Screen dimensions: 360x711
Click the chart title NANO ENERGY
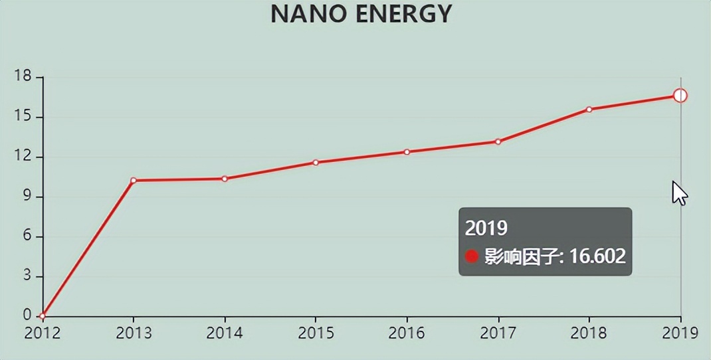point(361,14)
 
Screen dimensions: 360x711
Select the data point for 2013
point(134,180)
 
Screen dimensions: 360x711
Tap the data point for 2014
point(225,179)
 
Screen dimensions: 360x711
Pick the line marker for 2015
point(316,162)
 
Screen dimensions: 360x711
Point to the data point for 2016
point(407,152)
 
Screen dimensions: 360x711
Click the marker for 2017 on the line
point(498,141)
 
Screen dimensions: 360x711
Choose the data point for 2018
point(589,109)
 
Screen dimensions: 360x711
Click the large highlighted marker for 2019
point(680,96)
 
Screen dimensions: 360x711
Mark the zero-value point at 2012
point(43,316)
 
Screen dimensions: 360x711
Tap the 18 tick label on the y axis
point(23,76)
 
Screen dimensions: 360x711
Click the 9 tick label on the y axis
point(27,196)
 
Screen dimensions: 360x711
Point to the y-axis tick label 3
point(27,276)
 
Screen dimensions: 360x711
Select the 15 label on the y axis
point(23,116)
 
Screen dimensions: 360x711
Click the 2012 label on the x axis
point(43,333)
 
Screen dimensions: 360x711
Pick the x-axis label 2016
point(407,333)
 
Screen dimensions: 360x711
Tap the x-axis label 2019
point(680,333)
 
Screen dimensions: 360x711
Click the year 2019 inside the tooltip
point(486,228)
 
